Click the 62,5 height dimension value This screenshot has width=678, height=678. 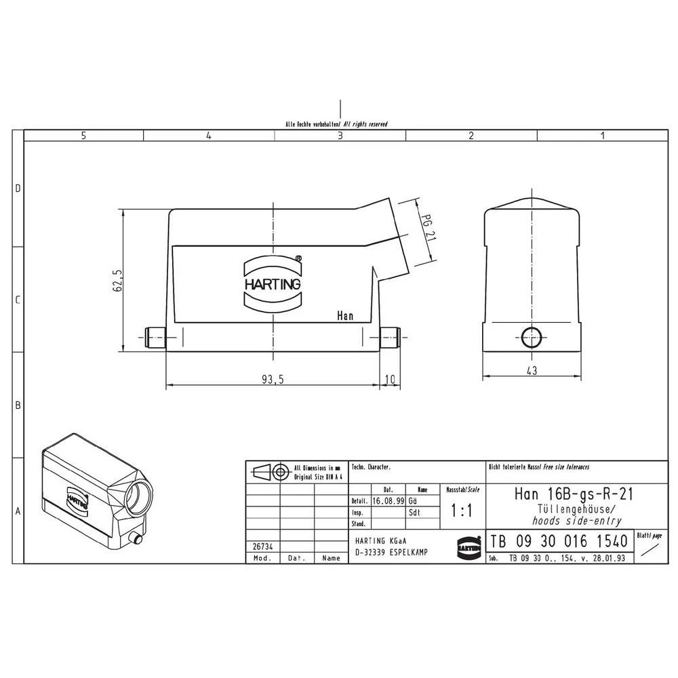117,281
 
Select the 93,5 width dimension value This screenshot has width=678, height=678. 273,380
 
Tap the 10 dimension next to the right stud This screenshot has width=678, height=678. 389,380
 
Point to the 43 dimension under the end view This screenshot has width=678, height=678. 532,370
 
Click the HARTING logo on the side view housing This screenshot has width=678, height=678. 273,284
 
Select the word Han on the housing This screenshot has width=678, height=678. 345,316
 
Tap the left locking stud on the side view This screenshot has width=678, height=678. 155,336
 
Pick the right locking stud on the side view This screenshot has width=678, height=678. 389,336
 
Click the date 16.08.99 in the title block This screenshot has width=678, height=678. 388,500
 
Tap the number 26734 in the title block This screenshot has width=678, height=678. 262,546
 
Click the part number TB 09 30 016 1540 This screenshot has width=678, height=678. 559,542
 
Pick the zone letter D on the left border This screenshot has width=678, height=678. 18,188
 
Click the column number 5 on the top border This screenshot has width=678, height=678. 83,136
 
